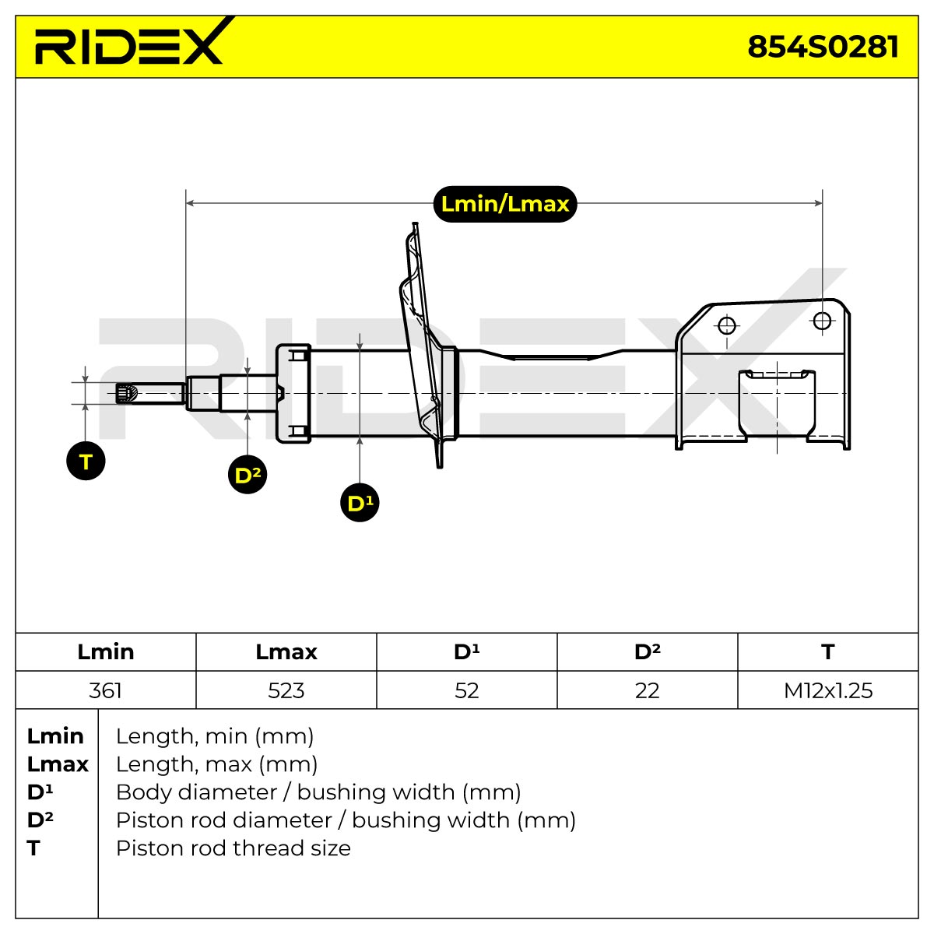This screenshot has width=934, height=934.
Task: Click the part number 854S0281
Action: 823,47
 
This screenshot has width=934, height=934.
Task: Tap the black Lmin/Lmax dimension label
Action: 504,204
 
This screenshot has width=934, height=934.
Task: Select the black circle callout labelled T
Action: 86,461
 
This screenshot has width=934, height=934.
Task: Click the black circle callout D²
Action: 248,475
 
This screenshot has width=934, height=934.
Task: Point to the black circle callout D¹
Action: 360,503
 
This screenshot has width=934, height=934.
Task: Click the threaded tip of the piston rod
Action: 126,393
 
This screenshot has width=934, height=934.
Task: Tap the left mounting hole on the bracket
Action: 727,325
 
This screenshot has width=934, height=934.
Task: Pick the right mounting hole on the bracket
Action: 822,321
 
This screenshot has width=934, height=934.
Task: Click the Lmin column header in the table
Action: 106,652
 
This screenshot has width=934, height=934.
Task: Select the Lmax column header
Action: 286,652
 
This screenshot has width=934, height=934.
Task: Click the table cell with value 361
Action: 105,690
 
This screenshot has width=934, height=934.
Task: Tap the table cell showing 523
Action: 286,690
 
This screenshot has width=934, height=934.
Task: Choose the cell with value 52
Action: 467,690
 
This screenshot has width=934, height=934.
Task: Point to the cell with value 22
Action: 647,690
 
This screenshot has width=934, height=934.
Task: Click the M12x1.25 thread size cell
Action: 828,690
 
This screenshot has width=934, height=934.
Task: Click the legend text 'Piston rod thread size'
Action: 233,848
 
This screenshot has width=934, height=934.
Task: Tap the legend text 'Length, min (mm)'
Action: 215,736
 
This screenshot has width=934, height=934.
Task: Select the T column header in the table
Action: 828,652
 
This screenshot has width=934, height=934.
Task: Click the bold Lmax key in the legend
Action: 58,764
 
